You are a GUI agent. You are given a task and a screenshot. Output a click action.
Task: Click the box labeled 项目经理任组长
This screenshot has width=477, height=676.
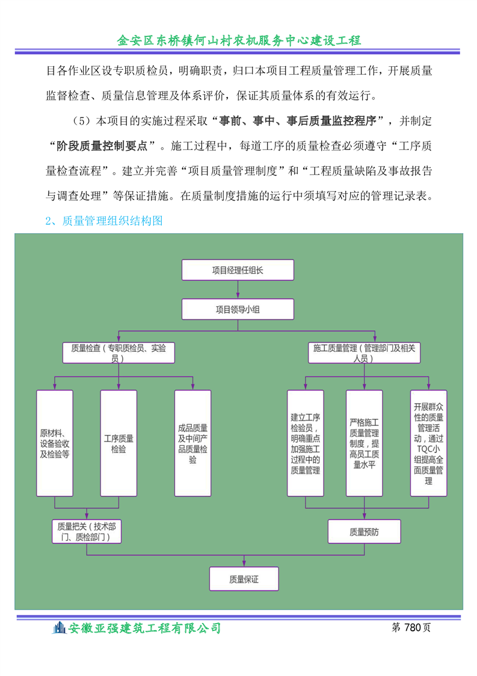point(238,270)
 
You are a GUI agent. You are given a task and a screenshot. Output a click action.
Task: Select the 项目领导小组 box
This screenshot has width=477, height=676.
point(238,309)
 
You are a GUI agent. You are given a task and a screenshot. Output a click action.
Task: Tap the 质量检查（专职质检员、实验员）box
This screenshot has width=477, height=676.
point(118,352)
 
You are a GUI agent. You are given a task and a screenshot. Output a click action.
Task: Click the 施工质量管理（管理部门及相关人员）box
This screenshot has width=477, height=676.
point(364,352)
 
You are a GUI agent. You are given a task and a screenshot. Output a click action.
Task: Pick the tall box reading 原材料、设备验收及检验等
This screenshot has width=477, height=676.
point(55,443)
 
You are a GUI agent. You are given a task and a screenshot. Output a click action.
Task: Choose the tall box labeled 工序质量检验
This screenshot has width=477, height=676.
point(118,443)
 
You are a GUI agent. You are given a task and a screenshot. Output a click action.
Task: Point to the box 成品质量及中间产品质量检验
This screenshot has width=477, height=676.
point(193,443)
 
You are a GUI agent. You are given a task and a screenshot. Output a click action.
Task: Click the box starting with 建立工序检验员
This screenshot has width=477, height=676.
point(305,443)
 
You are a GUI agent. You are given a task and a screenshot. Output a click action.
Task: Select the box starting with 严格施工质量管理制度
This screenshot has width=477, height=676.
point(364,443)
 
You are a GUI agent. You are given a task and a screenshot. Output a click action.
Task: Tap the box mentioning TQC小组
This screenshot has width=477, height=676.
point(428,443)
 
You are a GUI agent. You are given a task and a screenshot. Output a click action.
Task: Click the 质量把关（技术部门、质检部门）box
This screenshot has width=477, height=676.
point(87,531)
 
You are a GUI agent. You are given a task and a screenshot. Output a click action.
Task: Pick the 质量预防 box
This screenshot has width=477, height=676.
point(364,531)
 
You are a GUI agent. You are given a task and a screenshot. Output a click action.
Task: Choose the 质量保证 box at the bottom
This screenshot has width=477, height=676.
point(244,578)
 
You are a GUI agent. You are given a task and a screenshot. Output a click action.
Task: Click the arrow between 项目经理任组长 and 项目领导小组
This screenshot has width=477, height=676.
point(238,289)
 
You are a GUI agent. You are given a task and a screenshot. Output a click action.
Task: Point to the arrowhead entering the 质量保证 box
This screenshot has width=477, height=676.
point(244,564)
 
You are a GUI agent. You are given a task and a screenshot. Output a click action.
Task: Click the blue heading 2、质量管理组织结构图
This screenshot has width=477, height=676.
point(103,221)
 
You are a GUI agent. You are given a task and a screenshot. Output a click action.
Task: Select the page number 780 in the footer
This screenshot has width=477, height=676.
point(413,627)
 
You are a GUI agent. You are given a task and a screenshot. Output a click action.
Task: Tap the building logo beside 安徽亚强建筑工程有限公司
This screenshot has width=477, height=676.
point(59,628)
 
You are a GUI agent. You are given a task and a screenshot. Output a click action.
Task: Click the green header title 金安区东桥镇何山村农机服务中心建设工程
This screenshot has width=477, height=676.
point(239,40)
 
